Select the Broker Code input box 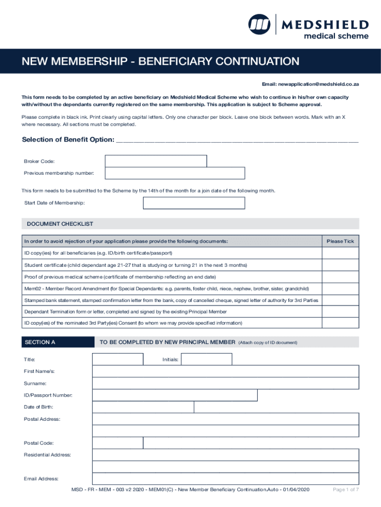tap(156, 161)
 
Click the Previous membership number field tap(175, 173)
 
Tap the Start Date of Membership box tap(193, 203)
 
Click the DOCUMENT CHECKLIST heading tap(60, 224)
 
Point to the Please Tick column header tap(340, 241)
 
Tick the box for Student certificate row tap(340, 265)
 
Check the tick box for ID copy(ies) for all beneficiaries tap(340, 253)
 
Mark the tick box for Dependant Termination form tap(340, 312)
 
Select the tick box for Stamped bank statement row tap(340, 300)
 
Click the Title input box tap(118, 359)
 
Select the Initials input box tap(206, 359)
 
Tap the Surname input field tap(225, 383)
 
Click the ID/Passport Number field tap(175, 395)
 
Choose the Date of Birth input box tap(143, 407)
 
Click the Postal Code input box tap(118, 443)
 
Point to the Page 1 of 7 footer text tap(345, 490)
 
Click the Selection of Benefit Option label tap(68, 139)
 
